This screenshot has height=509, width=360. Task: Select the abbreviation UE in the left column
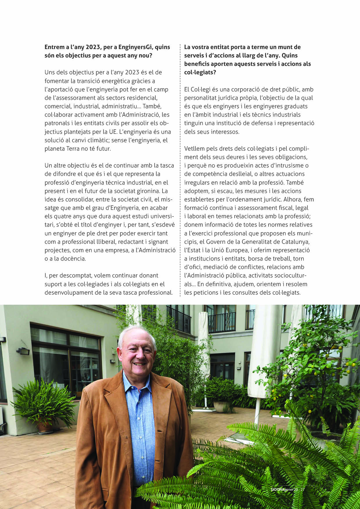point(112,132)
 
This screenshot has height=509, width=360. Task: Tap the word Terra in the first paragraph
point(73,149)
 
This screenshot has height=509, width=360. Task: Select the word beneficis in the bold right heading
point(197,64)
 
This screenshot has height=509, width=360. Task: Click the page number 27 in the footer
point(303,489)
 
